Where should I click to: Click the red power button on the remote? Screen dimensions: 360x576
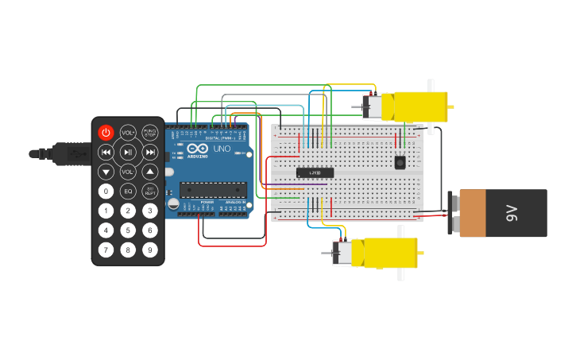pyautogui.click(x=106, y=132)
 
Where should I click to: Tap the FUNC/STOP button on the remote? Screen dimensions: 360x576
pyautogui.click(x=150, y=132)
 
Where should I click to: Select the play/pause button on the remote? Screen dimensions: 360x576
pyautogui.click(x=128, y=152)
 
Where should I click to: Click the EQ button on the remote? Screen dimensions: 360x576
pyautogui.click(x=128, y=191)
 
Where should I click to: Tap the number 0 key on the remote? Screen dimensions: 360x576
pyautogui.click(x=106, y=191)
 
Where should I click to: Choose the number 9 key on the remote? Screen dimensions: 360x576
pyautogui.click(x=150, y=250)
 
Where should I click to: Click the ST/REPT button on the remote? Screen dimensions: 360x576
pyautogui.click(x=150, y=191)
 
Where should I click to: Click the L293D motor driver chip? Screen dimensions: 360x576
pyautogui.click(x=315, y=172)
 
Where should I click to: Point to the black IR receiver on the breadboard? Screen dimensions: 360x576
pyautogui.click(x=400, y=162)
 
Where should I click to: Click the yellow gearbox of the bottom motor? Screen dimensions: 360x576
pyautogui.click(x=389, y=253)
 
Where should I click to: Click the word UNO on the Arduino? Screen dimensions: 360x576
pyautogui.click(x=222, y=149)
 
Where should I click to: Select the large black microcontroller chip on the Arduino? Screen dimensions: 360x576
pyautogui.click(x=212, y=189)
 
